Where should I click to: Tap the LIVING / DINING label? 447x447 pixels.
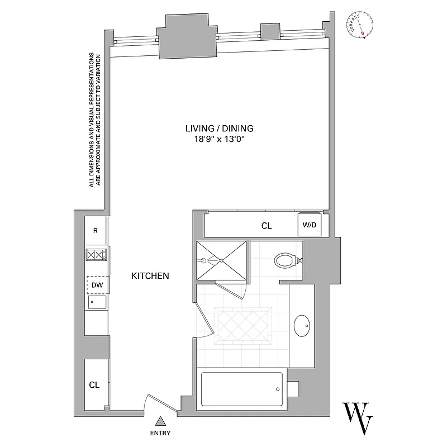[x=215, y=128]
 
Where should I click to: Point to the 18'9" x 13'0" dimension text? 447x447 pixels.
[x=216, y=140]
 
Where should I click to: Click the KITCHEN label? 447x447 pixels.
[x=150, y=275]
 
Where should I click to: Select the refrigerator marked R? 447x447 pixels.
[x=96, y=231]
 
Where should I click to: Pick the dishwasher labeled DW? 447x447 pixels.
[x=97, y=285]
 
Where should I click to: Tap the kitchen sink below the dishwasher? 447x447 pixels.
[x=97, y=302]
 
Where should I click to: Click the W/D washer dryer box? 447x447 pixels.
[x=309, y=225]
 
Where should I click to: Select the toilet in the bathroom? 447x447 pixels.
[x=287, y=260]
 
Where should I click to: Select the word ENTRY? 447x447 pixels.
[x=160, y=433]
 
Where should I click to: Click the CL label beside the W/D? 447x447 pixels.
[x=267, y=226]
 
